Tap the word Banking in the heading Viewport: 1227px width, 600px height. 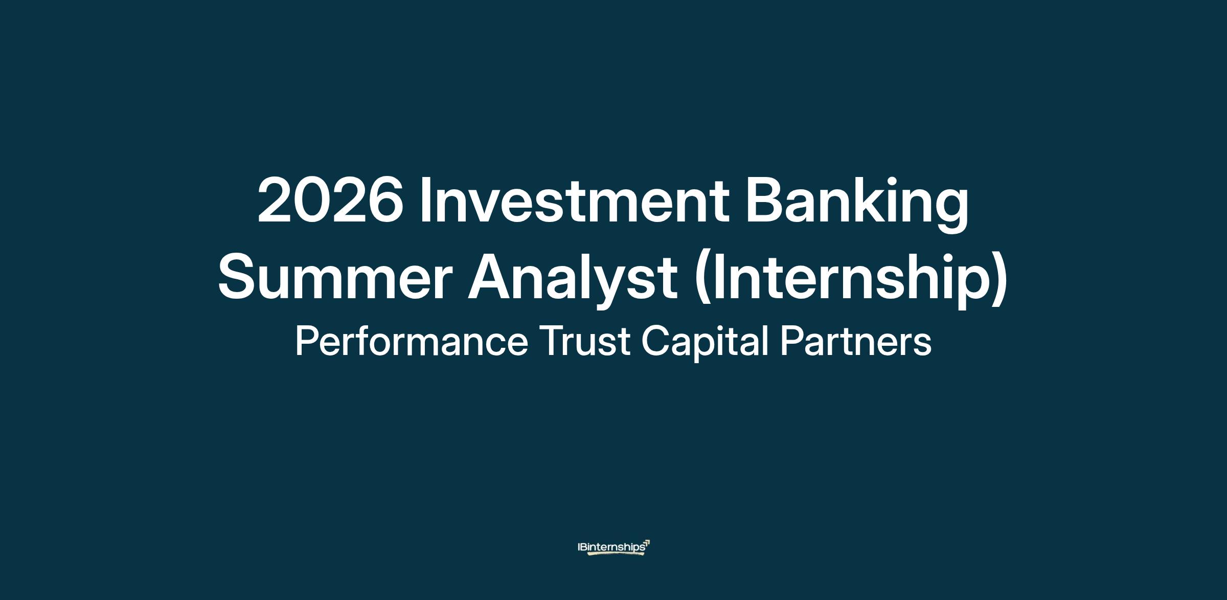857,204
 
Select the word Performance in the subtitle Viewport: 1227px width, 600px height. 412,342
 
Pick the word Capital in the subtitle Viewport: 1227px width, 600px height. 706,345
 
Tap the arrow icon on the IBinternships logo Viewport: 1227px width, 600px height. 647,543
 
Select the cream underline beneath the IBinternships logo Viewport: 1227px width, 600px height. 616,553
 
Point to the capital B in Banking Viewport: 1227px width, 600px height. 764,199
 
